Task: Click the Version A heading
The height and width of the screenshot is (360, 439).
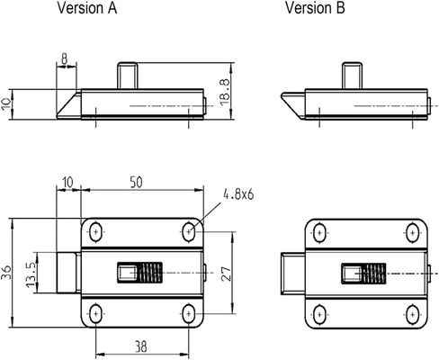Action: click(87, 8)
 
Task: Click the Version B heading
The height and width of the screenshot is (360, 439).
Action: click(315, 8)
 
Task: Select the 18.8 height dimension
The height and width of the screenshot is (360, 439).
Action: click(225, 92)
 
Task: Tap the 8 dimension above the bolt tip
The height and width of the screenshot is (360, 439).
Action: click(65, 58)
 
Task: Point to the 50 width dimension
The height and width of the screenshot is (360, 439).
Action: click(136, 183)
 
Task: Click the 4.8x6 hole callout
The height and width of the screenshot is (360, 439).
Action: click(238, 194)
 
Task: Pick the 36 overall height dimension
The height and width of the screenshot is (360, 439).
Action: click(6, 273)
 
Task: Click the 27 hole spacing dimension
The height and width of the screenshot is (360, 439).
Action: click(227, 274)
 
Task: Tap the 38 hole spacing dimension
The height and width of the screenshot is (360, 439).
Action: click(140, 346)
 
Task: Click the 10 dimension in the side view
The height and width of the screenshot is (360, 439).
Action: click(6, 104)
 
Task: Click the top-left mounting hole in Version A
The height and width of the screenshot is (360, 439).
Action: click(95, 231)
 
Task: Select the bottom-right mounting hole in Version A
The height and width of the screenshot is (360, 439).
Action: click(188, 314)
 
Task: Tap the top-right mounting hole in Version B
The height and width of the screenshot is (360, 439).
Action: click(413, 232)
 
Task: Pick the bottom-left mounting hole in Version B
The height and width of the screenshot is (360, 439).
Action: click(319, 314)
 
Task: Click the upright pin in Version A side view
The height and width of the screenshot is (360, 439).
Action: click(127, 76)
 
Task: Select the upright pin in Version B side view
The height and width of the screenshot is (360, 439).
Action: click(353, 76)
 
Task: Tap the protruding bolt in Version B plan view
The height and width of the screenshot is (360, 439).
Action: click(293, 274)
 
